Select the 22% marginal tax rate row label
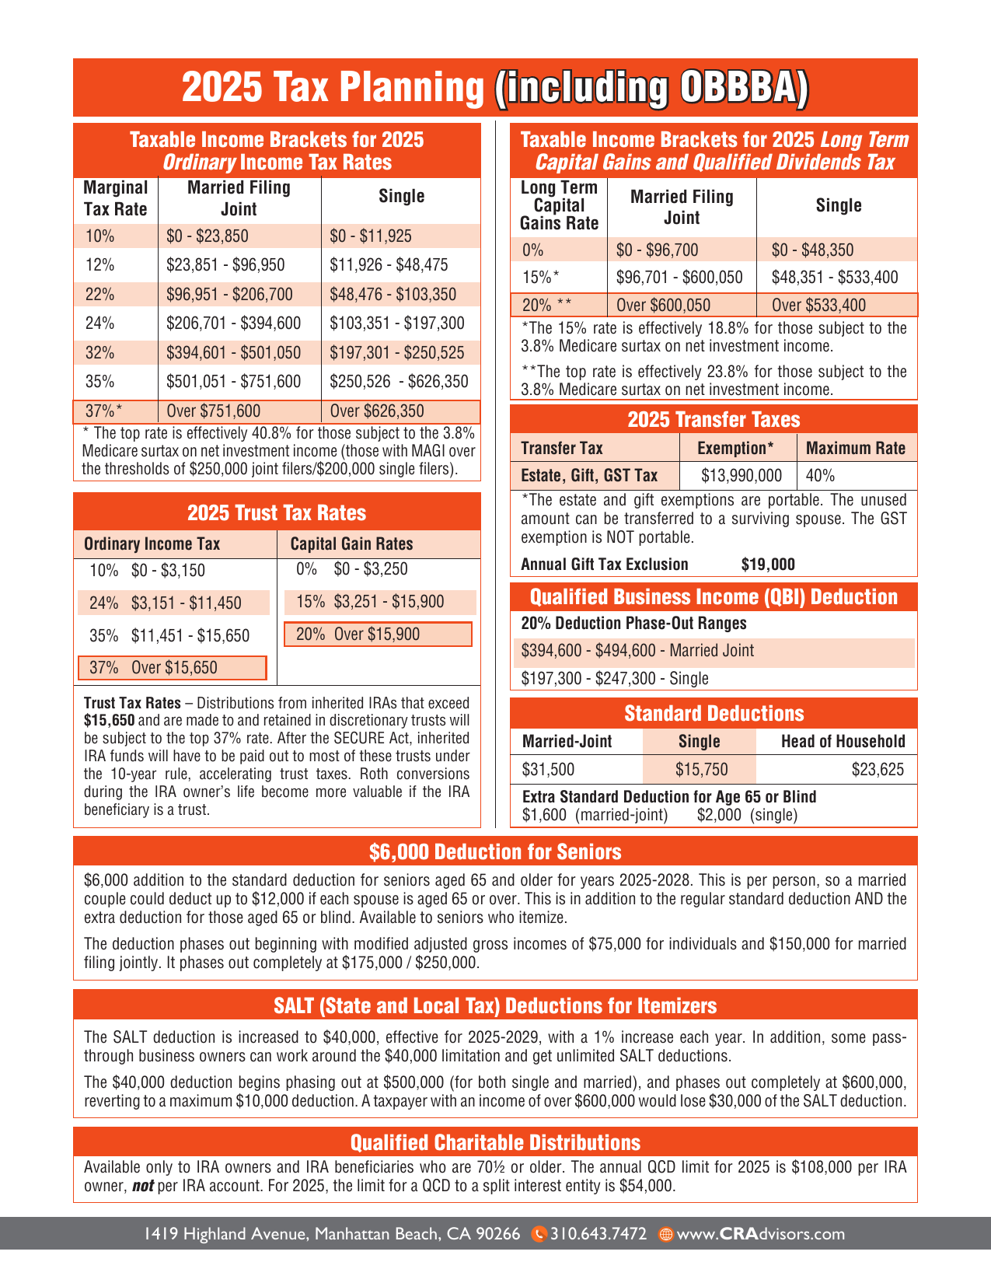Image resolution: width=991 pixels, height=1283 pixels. [100, 295]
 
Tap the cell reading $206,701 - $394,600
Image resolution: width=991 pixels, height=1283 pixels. [233, 323]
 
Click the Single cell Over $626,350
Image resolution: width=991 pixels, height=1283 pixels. [377, 411]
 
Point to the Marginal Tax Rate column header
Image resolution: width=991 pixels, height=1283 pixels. [115, 198]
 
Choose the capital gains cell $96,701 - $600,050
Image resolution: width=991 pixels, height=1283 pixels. [679, 278]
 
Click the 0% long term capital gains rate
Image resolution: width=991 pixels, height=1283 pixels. [533, 250]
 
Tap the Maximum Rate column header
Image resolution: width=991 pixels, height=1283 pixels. [856, 449]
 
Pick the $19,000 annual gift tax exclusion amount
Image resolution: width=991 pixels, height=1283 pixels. [768, 565]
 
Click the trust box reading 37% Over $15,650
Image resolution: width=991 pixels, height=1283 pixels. [173, 668]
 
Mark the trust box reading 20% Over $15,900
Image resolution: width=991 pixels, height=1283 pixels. [378, 635]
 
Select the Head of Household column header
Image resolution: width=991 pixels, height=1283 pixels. [843, 742]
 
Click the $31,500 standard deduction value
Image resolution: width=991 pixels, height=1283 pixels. [548, 770]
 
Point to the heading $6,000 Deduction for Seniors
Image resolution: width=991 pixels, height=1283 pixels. [495, 852]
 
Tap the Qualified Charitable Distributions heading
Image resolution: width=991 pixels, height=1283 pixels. [495, 1142]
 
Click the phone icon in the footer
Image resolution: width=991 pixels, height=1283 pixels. [539, 1234]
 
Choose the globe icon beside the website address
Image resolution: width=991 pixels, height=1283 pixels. [665, 1234]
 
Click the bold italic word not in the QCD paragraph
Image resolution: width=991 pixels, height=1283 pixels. [142, 1187]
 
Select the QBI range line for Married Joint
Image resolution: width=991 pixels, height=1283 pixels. [637, 651]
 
